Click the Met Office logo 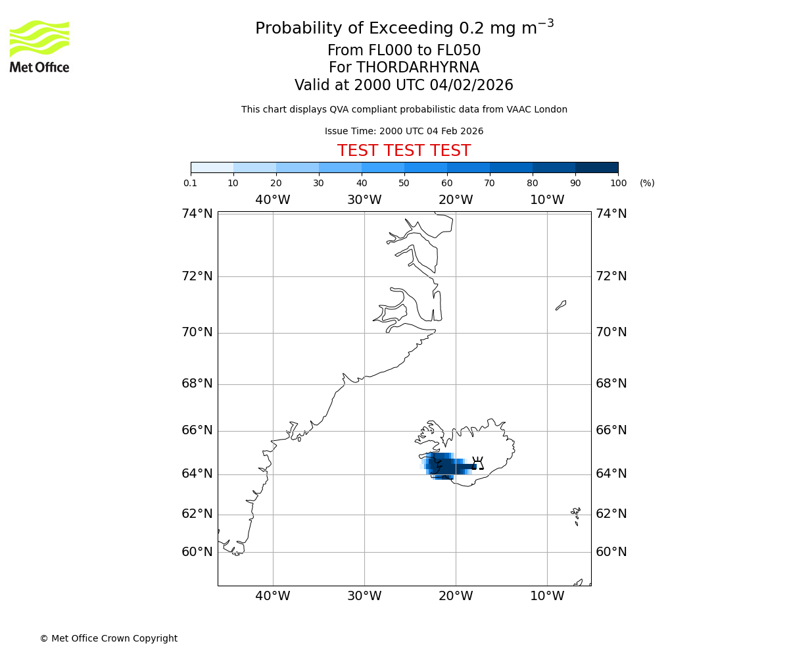point(39,46)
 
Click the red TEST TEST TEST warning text point(404,151)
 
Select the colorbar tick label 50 point(404,183)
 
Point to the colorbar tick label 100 point(618,183)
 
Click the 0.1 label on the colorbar point(191,183)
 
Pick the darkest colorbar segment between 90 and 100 point(596,167)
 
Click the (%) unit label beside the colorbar point(647,183)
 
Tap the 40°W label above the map point(273,200)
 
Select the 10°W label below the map point(547,596)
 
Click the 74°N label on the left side point(197,214)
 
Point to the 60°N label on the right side point(611,552)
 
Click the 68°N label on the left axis point(197,384)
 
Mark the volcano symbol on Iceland point(478,463)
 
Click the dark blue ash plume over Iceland point(447,467)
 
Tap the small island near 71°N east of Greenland point(561,305)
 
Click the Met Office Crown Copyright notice point(108,638)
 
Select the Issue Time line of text point(404,131)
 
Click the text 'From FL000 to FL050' point(404,51)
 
